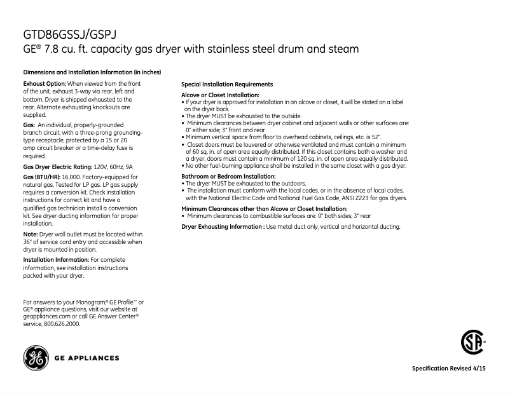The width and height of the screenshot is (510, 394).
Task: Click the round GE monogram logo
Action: coord(35,358)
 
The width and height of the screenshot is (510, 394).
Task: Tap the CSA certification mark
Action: coord(472,344)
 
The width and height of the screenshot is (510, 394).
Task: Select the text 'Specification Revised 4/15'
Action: coord(449,369)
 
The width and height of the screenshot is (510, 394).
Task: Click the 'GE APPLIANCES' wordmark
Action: coord(87,358)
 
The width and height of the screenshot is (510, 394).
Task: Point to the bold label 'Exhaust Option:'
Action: coord(45,84)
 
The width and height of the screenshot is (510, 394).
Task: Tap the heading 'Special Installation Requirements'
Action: coord(227,84)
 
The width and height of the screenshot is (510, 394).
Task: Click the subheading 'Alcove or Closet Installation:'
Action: coord(220,95)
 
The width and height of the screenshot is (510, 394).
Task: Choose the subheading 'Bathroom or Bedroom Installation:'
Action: coord(228,176)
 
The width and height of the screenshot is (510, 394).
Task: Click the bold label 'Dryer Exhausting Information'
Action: coord(223,226)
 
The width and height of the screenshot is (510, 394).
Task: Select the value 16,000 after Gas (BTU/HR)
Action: coord(71,176)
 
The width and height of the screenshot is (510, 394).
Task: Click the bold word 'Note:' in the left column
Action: coord(31,234)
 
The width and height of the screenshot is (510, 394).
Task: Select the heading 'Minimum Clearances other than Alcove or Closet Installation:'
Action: coord(264,208)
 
